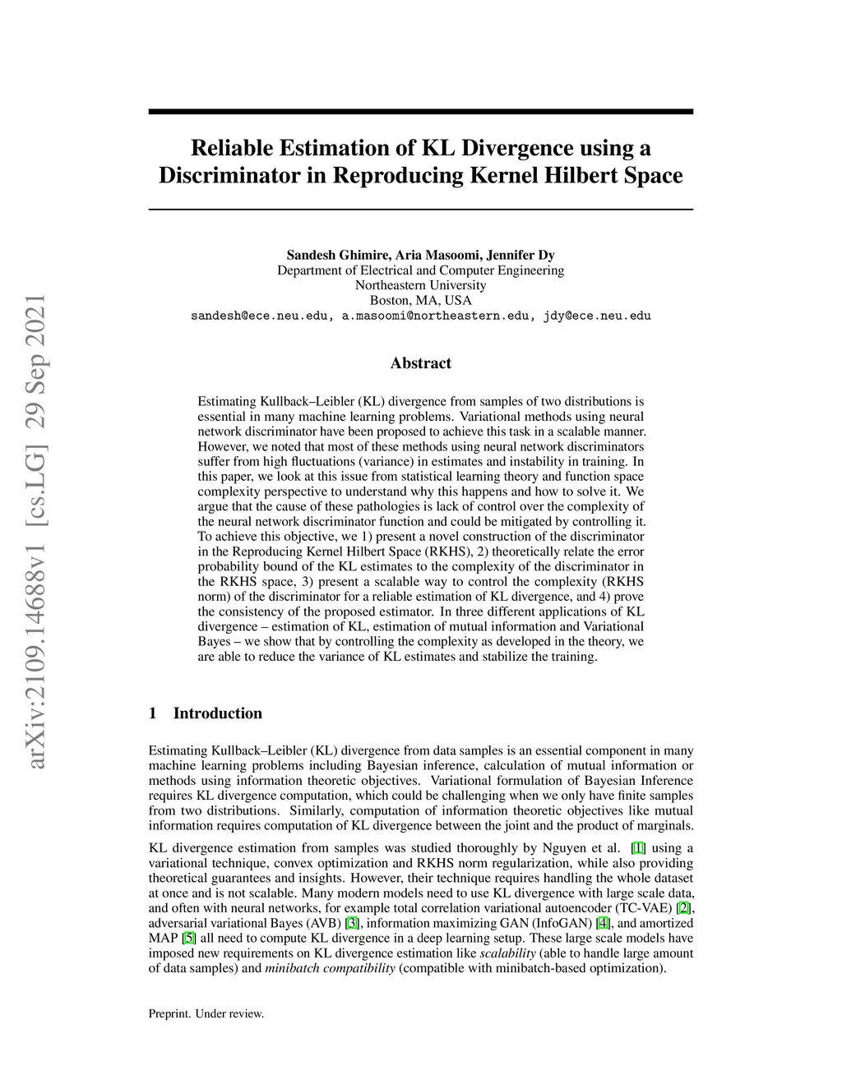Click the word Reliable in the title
click(232, 148)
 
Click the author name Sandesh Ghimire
click(337, 255)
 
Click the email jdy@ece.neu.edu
click(597, 316)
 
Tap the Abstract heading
click(420, 363)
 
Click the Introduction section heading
click(217, 713)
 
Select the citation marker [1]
click(638, 848)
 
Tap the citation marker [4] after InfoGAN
click(603, 923)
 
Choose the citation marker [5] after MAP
click(188, 939)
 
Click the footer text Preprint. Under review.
click(206, 1014)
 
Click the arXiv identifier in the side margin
click(36, 531)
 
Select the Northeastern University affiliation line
click(420, 285)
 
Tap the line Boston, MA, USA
click(420, 300)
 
